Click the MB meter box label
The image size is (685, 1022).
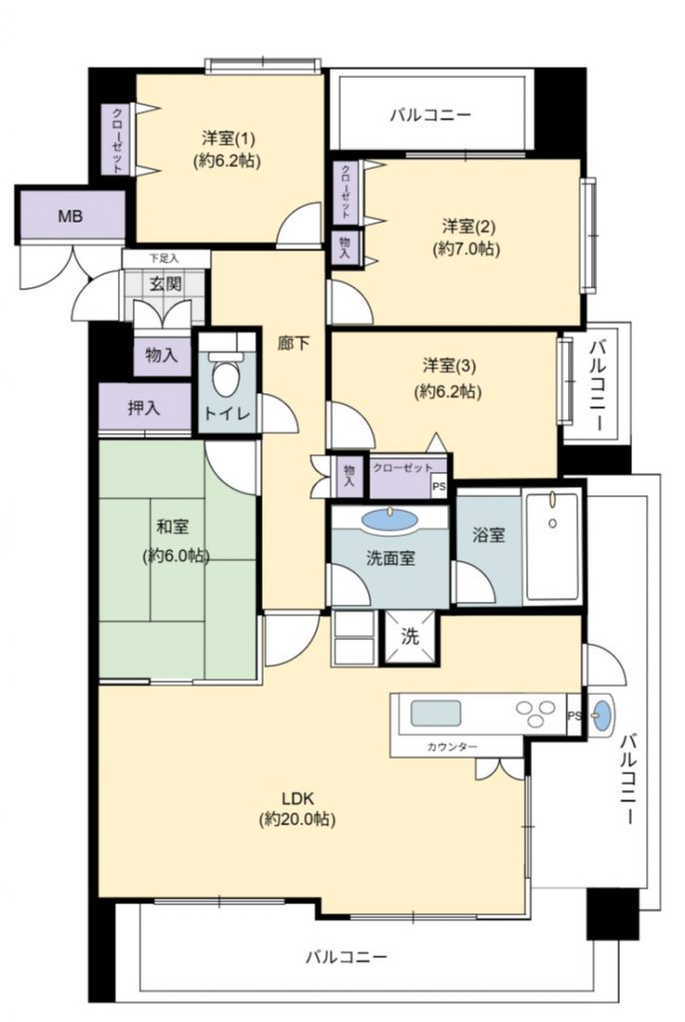click(71, 216)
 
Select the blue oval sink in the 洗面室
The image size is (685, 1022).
click(389, 520)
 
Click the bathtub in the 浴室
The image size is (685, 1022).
click(552, 546)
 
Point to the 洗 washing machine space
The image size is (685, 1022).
click(409, 636)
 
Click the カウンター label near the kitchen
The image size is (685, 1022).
click(452, 747)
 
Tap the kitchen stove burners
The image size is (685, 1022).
click(535, 712)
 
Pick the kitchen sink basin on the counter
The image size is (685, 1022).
click(435, 713)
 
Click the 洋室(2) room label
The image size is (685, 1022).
click(468, 227)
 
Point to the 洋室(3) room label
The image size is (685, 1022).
click(448, 365)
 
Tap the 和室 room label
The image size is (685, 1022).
click(173, 526)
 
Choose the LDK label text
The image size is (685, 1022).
click(299, 797)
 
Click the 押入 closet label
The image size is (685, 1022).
click(144, 408)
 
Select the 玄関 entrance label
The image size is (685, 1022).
click(166, 284)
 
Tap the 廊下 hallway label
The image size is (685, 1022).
click(294, 343)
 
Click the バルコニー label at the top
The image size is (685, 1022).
click(430, 116)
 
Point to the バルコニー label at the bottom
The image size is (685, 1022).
click(346, 957)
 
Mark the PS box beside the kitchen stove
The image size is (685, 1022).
click(574, 715)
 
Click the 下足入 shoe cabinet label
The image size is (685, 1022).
click(164, 258)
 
